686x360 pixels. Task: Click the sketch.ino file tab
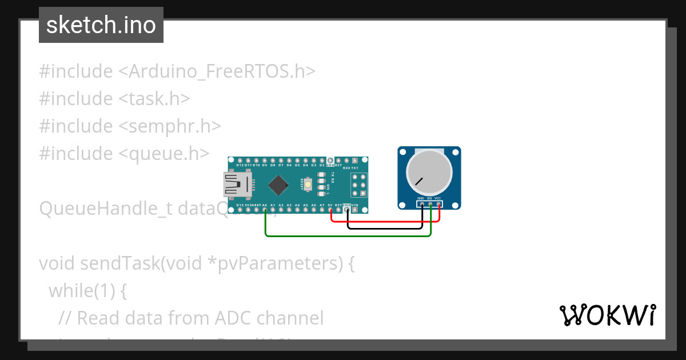pos(101,25)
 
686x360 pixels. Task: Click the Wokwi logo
pos(607,315)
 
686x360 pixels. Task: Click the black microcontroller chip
pos(278,185)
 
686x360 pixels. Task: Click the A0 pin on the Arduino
pos(265,210)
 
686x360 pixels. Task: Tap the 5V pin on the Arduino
pos(330,210)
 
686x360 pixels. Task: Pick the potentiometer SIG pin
pos(430,203)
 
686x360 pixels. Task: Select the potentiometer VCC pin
pos(438,203)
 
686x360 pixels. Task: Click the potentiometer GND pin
pos(421,203)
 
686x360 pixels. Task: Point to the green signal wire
pos(343,235)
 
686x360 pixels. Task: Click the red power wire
pos(389,221)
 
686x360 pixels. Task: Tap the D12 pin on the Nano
pos(240,160)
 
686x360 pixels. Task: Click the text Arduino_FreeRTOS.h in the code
pos(222,71)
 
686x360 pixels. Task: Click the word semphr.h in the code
pos(176,126)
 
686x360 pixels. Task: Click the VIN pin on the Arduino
pos(355,210)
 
